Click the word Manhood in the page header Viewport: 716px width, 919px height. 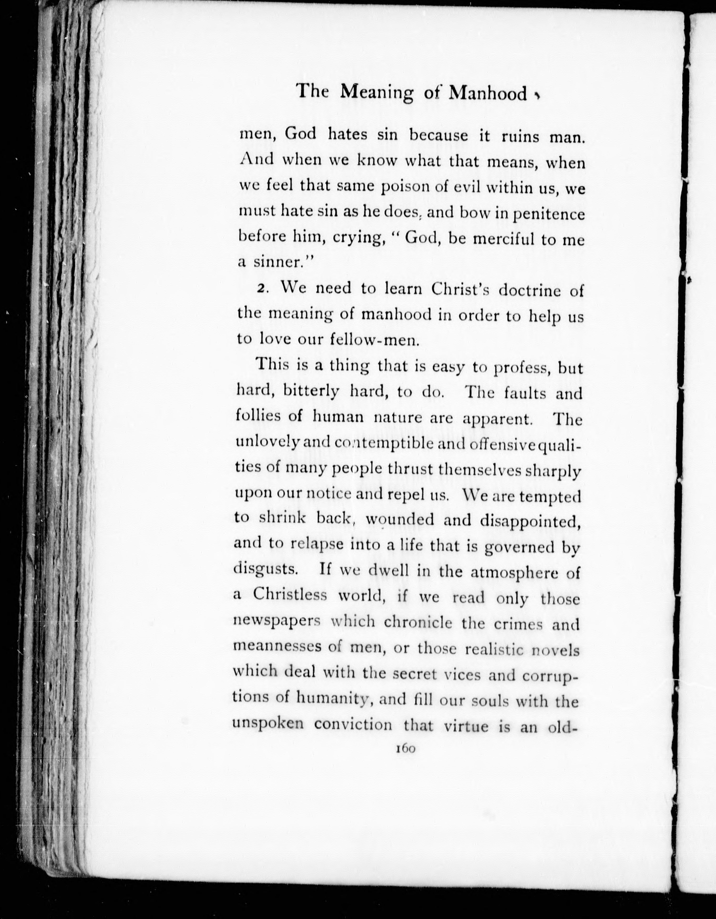(488, 93)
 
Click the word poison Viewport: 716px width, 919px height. (406, 188)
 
